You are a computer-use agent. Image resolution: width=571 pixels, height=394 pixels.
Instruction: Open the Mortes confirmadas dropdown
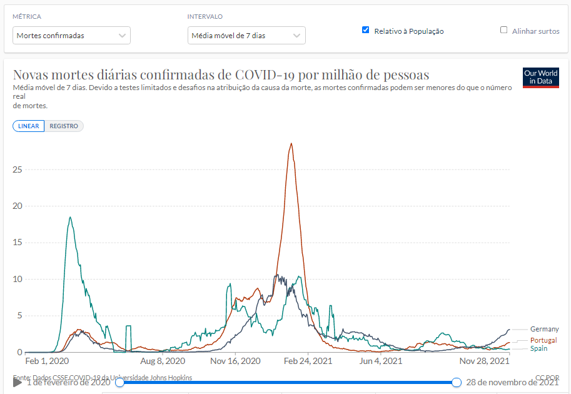[72, 36]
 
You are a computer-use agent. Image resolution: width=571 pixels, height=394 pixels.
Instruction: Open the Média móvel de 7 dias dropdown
[246, 36]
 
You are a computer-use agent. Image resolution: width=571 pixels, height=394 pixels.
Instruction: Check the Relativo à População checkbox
[366, 30]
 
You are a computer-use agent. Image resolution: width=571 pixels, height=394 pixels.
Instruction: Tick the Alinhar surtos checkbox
[503, 30]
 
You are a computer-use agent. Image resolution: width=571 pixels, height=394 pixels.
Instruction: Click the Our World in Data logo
[540, 78]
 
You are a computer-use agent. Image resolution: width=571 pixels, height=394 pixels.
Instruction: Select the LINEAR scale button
[29, 126]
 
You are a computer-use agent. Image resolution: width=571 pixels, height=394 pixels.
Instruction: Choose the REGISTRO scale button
[64, 126]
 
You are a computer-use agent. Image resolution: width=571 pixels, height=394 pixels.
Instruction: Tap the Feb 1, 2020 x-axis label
[47, 361]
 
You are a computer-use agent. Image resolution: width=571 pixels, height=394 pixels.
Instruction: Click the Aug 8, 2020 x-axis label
[163, 361]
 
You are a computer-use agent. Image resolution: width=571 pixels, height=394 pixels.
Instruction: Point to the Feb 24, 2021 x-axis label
[308, 361]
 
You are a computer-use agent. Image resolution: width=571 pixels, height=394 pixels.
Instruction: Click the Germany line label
[544, 329]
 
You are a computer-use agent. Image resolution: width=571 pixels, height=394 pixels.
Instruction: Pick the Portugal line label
[543, 340]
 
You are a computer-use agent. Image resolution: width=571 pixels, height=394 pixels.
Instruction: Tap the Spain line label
[539, 348]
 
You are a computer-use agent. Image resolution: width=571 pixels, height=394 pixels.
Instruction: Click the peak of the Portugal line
[291, 144]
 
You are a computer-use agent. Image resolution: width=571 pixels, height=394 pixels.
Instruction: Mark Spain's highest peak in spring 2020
[70, 217]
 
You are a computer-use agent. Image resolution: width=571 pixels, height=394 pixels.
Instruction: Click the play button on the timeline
[18, 382]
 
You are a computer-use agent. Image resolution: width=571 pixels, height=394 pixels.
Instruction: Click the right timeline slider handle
[457, 382]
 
